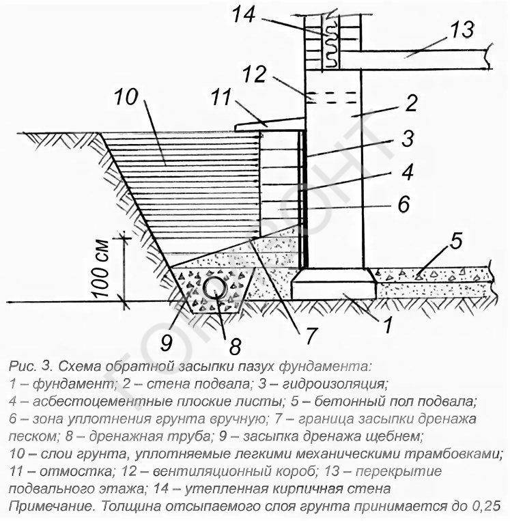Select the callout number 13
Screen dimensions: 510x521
pos(462,29)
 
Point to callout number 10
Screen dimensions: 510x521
pos(126,97)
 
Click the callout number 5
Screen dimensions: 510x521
pos(457,241)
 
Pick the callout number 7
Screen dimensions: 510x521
pos(309,335)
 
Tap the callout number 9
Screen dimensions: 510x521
pos(167,342)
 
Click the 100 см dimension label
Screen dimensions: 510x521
pos(100,268)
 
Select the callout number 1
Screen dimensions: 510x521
pos(388,324)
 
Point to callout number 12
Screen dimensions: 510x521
pos(255,74)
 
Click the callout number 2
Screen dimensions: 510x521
pos(412,103)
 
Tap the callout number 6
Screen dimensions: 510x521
pos(404,203)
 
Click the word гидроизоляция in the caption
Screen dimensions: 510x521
pos(334,384)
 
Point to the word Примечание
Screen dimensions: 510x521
pos(51,507)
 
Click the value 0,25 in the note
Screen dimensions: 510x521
pos(485,506)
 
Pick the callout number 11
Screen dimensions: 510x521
pos(221,98)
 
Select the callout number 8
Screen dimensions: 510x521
pos(235,348)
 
